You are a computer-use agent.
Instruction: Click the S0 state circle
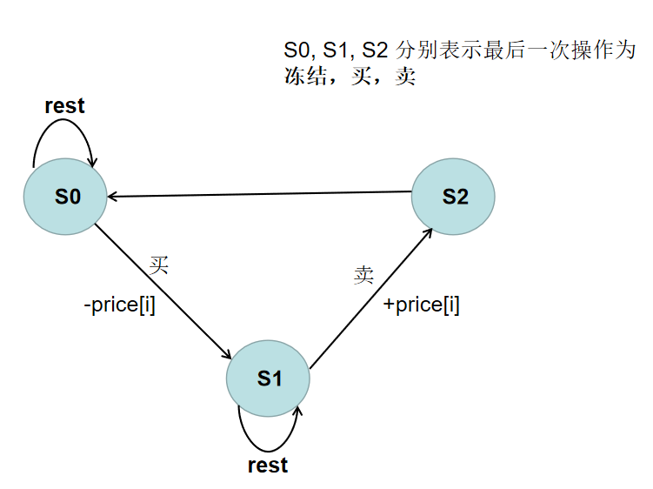66,197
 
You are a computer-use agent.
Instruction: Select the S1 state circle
268,378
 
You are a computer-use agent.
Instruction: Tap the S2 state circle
453,196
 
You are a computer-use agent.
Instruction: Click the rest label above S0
64,106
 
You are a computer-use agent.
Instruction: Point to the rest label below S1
268,466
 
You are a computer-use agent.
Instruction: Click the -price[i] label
120,305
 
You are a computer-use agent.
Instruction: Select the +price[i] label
422,305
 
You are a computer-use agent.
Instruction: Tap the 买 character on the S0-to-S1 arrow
157,265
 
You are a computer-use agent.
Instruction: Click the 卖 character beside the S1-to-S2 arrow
363,276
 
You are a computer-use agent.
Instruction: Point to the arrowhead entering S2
429,231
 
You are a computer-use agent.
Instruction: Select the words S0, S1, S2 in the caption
337,50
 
